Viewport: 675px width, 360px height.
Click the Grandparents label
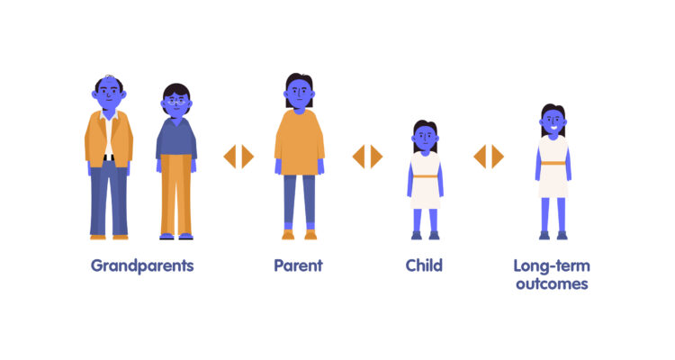tap(142, 265)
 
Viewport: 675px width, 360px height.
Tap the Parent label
tap(298, 265)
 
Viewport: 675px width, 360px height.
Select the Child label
tap(424, 265)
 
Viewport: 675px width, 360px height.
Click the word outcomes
tap(551, 283)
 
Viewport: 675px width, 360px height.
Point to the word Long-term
tap(551, 265)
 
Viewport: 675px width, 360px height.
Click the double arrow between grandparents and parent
tap(238, 157)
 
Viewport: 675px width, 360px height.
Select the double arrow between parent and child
tap(367, 157)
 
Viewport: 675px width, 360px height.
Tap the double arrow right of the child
tap(489, 157)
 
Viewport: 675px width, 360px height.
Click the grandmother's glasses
tap(176, 102)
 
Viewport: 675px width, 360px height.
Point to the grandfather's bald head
tap(109, 80)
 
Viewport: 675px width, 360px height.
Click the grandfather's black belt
tap(109, 157)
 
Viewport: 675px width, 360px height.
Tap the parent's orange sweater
tap(299, 139)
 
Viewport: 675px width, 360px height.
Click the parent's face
tap(299, 90)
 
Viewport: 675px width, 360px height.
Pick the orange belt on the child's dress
tap(425, 176)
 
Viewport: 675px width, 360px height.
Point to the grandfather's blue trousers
tap(109, 198)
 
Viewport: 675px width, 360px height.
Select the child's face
tap(425, 137)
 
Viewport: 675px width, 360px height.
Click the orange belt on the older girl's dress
tap(553, 163)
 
